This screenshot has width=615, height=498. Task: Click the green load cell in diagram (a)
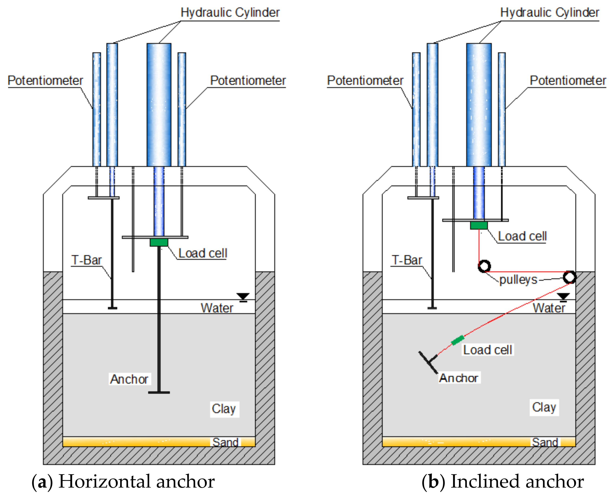click(x=159, y=242)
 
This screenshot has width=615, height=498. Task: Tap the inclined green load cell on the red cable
click(x=458, y=340)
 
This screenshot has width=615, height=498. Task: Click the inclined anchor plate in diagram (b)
click(x=428, y=363)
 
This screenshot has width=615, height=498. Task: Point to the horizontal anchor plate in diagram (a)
click(x=159, y=392)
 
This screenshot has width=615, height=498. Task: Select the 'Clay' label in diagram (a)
click(x=224, y=409)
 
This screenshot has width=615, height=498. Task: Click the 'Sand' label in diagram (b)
click(x=545, y=442)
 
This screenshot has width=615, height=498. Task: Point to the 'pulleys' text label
click(x=518, y=280)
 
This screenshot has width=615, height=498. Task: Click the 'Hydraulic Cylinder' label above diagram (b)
click(x=550, y=13)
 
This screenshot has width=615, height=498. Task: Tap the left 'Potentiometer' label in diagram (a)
click(x=45, y=81)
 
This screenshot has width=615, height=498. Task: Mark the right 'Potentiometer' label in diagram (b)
click(x=568, y=81)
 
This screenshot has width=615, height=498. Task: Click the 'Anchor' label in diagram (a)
click(x=129, y=379)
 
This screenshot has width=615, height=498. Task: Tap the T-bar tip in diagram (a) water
click(x=112, y=308)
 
